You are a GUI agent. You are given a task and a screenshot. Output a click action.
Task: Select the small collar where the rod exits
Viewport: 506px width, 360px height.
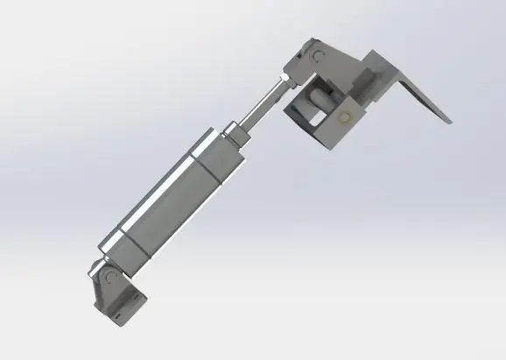[x=234, y=133]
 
